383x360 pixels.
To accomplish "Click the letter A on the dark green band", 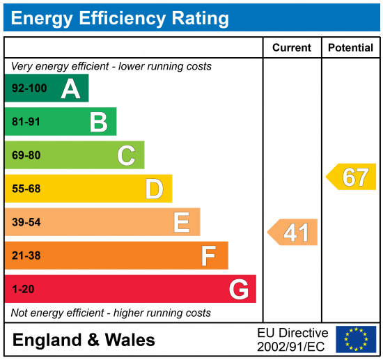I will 70,88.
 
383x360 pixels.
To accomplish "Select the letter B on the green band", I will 98,122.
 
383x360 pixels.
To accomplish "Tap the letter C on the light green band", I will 126,155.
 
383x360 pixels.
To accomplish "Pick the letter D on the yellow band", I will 154,189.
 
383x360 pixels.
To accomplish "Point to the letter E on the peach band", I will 181,222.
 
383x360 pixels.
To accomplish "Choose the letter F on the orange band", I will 208,256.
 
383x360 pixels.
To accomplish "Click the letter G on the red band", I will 238,289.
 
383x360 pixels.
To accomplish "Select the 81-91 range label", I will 26,123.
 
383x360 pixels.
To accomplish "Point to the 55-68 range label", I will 26,189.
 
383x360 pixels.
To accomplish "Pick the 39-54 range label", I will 26,222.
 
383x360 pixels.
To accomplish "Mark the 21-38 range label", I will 26,256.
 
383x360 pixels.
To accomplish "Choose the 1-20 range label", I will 23,289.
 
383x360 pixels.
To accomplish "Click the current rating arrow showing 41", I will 293,233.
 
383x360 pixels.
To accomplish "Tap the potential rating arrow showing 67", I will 352,177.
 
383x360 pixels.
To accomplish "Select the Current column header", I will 292,48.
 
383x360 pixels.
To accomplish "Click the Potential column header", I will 351,48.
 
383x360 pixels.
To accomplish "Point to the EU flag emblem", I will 356,339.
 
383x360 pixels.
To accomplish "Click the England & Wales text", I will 84,340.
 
